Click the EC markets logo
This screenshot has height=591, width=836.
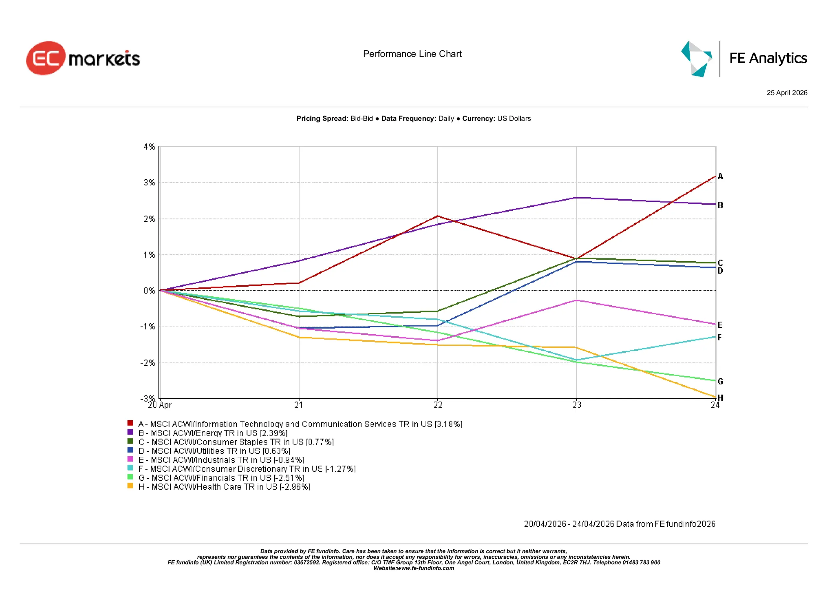coord(83,58)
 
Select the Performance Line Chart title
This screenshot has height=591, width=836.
coord(412,54)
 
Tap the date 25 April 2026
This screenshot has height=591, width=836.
coord(786,93)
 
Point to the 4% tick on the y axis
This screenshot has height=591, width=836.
coord(149,147)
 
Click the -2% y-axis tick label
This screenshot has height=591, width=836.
coord(148,363)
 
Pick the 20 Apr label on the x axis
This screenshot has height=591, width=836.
coord(159,405)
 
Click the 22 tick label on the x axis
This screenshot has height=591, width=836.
coord(438,405)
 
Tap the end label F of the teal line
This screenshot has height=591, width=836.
coord(719,337)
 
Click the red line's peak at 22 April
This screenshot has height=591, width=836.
coord(438,216)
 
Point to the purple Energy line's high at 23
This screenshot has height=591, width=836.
coord(576,198)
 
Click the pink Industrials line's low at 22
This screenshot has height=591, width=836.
coord(438,341)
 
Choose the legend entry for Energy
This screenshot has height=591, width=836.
coord(213,433)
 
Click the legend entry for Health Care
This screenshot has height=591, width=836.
coord(224,487)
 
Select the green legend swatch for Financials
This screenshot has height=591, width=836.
coord(130,477)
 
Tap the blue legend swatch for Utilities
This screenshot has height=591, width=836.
coord(130,450)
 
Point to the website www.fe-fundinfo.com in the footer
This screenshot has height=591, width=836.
coord(425,568)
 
